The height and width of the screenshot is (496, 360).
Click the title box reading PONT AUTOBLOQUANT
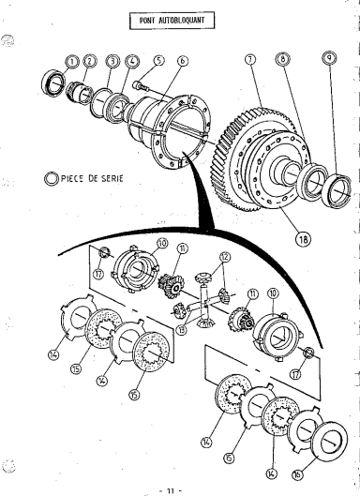click(x=172, y=21)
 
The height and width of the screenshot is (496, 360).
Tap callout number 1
click(x=73, y=61)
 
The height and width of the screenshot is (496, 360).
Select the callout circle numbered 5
click(x=159, y=61)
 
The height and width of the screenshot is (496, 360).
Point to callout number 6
click(x=183, y=61)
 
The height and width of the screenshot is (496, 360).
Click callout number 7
click(x=250, y=59)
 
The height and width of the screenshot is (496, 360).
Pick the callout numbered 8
click(x=282, y=58)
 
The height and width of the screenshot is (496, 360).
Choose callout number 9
click(x=329, y=57)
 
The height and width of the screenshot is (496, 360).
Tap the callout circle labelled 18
click(x=303, y=239)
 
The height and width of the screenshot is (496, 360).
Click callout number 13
click(x=182, y=331)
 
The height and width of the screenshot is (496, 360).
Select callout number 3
click(x=112, y=61)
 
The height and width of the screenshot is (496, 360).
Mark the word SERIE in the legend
click(x=112, y=178)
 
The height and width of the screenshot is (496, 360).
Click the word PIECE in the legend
click(x=73, y=179)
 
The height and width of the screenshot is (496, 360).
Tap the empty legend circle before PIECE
click(x=51, y=179)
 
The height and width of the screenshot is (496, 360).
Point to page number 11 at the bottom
click(x=171, y=491)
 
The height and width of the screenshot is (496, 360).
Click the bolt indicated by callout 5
click(x=142, y=86)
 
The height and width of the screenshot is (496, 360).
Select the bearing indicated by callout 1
click(x=53, y=83)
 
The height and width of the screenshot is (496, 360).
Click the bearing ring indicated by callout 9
click(x=338, y=190)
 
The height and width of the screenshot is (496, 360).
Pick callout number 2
click(x=89, y=61)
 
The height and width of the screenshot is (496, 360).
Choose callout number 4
click(x=132, y=61)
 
